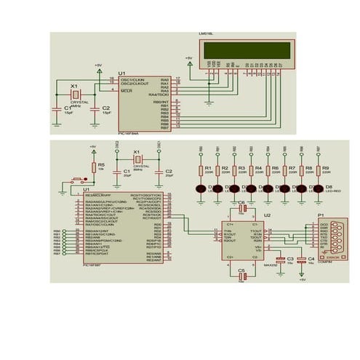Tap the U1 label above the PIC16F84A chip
121,73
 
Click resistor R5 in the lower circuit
92,167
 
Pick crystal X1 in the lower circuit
136,160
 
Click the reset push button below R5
76,179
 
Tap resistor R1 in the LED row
200,170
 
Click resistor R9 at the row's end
318,170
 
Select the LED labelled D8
318,188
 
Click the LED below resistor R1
200,188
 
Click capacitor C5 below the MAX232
243,276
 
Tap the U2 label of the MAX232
267,216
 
